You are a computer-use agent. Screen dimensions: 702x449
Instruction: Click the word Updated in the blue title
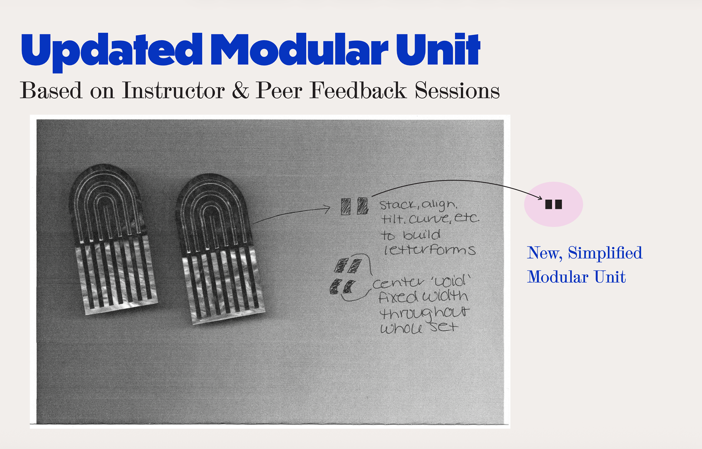pyautogui.click(x=112, y=51)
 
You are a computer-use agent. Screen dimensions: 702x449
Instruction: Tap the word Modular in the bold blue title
pyautogui.click(x=299, y=49)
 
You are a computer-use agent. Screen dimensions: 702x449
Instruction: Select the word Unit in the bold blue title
pyautogui.click(x=438, y=49)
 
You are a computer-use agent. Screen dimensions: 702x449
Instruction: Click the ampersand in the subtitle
pyautogui.click(x=240, y=90)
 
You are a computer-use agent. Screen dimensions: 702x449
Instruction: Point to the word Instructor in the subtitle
pyautogui.click(x=173, y=90)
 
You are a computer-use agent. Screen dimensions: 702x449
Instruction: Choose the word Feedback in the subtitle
pyautogui.click(x=358, y=90)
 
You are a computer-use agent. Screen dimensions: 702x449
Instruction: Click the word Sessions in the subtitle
pyautogui.click(x=457, y=90)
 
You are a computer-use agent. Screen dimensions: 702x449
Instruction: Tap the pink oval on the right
pyautogui.click(x=554, y=204)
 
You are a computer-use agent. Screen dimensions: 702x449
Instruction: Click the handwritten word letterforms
pyautogui.click(x=430, y=250)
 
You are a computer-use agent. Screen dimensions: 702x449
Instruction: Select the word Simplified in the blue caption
pyautogui.click(x=605, y=253)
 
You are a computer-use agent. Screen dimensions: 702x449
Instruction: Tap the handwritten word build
pyautogui.click(x=422, y=235)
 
